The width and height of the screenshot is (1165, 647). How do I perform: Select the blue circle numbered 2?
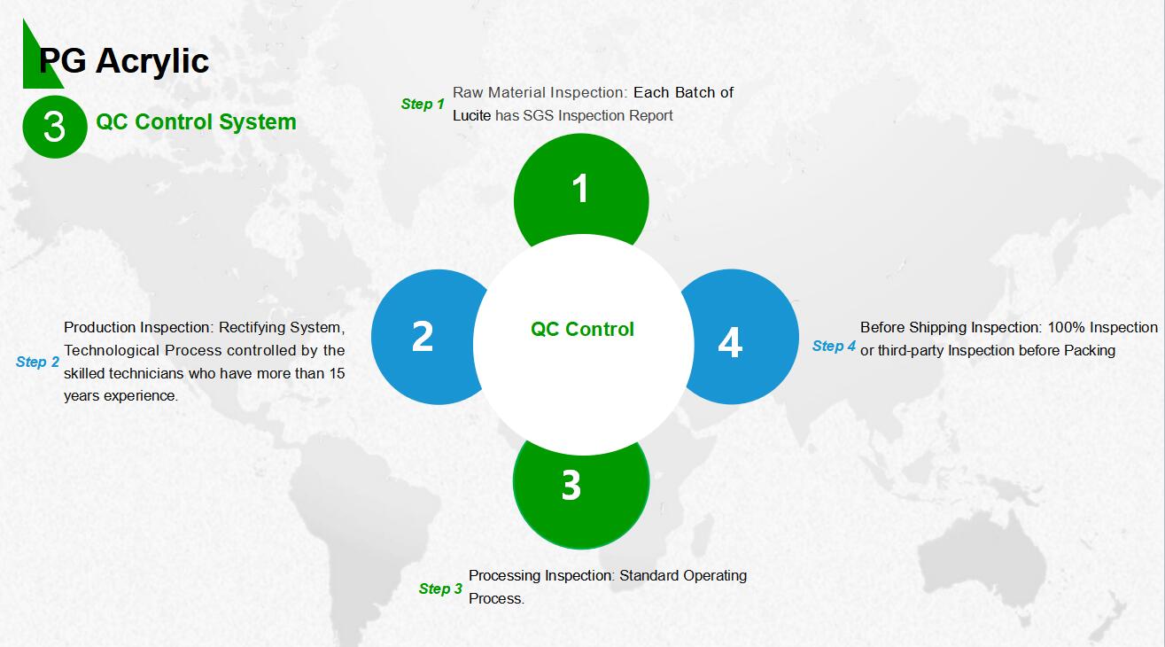pos(422,337)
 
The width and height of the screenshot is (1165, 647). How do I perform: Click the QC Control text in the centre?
pos(583,330)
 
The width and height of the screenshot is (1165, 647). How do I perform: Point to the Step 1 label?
pos(423,104)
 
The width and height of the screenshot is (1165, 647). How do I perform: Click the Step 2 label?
pos(37,362)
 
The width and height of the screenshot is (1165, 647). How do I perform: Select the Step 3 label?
pos(440,589)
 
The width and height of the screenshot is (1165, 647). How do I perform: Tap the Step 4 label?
pos(834,347)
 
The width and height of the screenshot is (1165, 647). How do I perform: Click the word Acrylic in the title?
pos(152,61)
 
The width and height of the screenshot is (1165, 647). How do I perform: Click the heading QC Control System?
pos(196,122)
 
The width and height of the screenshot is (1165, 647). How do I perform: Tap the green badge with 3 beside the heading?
pos(55,127)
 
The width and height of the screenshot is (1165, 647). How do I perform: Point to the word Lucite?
pos(471,115)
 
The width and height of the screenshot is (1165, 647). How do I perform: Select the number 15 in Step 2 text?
pos(337,374)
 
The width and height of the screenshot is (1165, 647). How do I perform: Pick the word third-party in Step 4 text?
pos(911,351)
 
